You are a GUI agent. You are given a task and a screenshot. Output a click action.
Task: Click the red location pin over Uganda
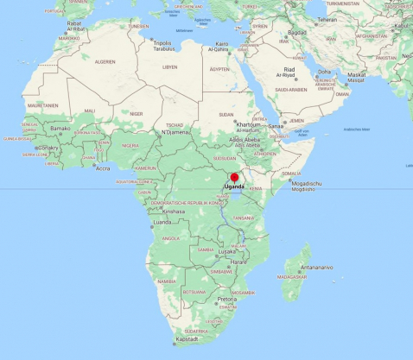pos(233,178)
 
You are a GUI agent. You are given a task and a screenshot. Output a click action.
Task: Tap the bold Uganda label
pos(234,187)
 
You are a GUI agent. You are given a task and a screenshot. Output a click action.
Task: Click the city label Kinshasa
pos(174,212)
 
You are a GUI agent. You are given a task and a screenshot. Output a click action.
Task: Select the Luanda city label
pos(162,222)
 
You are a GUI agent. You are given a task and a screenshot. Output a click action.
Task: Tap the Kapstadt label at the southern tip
pos(188,340)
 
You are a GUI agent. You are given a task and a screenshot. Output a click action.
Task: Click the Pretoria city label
pos(227,300)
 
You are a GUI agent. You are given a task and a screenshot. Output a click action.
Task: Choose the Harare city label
pos(238,262)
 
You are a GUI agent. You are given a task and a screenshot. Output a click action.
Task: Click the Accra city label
pos(103,168)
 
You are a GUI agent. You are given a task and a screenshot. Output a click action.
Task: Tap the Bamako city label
pos(60,129)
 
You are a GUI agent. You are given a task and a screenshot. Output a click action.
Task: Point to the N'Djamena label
pos(176,132)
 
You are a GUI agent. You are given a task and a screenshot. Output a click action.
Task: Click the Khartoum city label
pos(250,123)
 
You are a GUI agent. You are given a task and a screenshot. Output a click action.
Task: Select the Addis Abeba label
pos(247,139)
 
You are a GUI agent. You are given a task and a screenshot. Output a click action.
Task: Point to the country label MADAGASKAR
pos(295,276)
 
